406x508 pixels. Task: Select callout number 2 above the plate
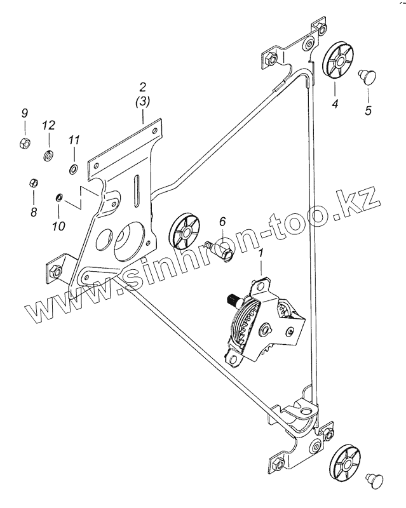click(x=143, y=86)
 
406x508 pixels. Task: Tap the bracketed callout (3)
click(x=143, y=101)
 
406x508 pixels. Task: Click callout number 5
click(x=367, y=110)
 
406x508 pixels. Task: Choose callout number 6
click(x=222, y=222)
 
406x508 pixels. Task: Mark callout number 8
click(x=33, y=213)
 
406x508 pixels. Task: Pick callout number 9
click(x=25, y=114)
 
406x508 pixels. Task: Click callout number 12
click(x=48, y=126)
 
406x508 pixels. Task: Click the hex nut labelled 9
click(x=24, y=142)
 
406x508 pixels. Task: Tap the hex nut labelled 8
click(x=34, y=184)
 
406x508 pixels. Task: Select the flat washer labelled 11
click(x=73, y=169)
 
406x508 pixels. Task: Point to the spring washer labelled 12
click(x=48, y=154)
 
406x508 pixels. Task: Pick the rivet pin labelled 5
click(x=367, y=77)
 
